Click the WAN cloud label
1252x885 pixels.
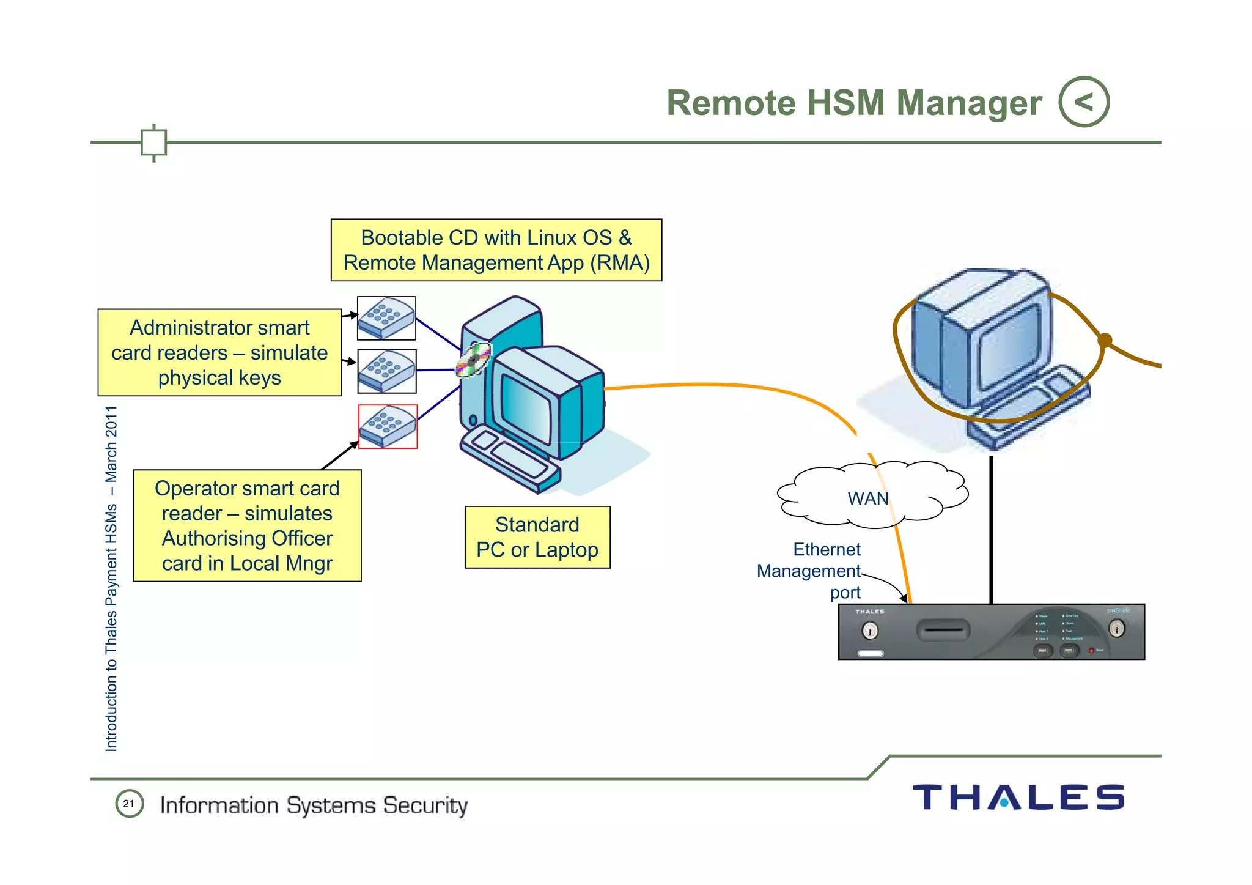coord(868,498)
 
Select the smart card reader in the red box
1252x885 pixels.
coord(388,426)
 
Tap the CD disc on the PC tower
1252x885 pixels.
coord(474,360)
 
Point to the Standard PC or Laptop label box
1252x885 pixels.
coord(537,537)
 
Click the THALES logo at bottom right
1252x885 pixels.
coord(1018,798)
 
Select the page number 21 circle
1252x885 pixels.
coord(129,804)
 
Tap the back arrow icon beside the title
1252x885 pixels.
coord(1084,102)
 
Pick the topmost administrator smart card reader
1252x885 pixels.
coord(386,318)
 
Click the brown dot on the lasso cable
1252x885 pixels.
coord(1105,340)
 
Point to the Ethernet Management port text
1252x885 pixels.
coord(813,571)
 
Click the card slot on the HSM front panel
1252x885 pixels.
coord(943,629)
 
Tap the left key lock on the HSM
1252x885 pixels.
coord(870,629)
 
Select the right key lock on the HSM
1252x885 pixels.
coord(1116,628)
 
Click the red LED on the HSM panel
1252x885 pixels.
coord(1091,650)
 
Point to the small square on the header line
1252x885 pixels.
coord(153,143)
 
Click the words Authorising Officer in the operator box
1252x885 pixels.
coord(247,538)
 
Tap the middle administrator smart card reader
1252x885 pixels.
coord(386,371)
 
